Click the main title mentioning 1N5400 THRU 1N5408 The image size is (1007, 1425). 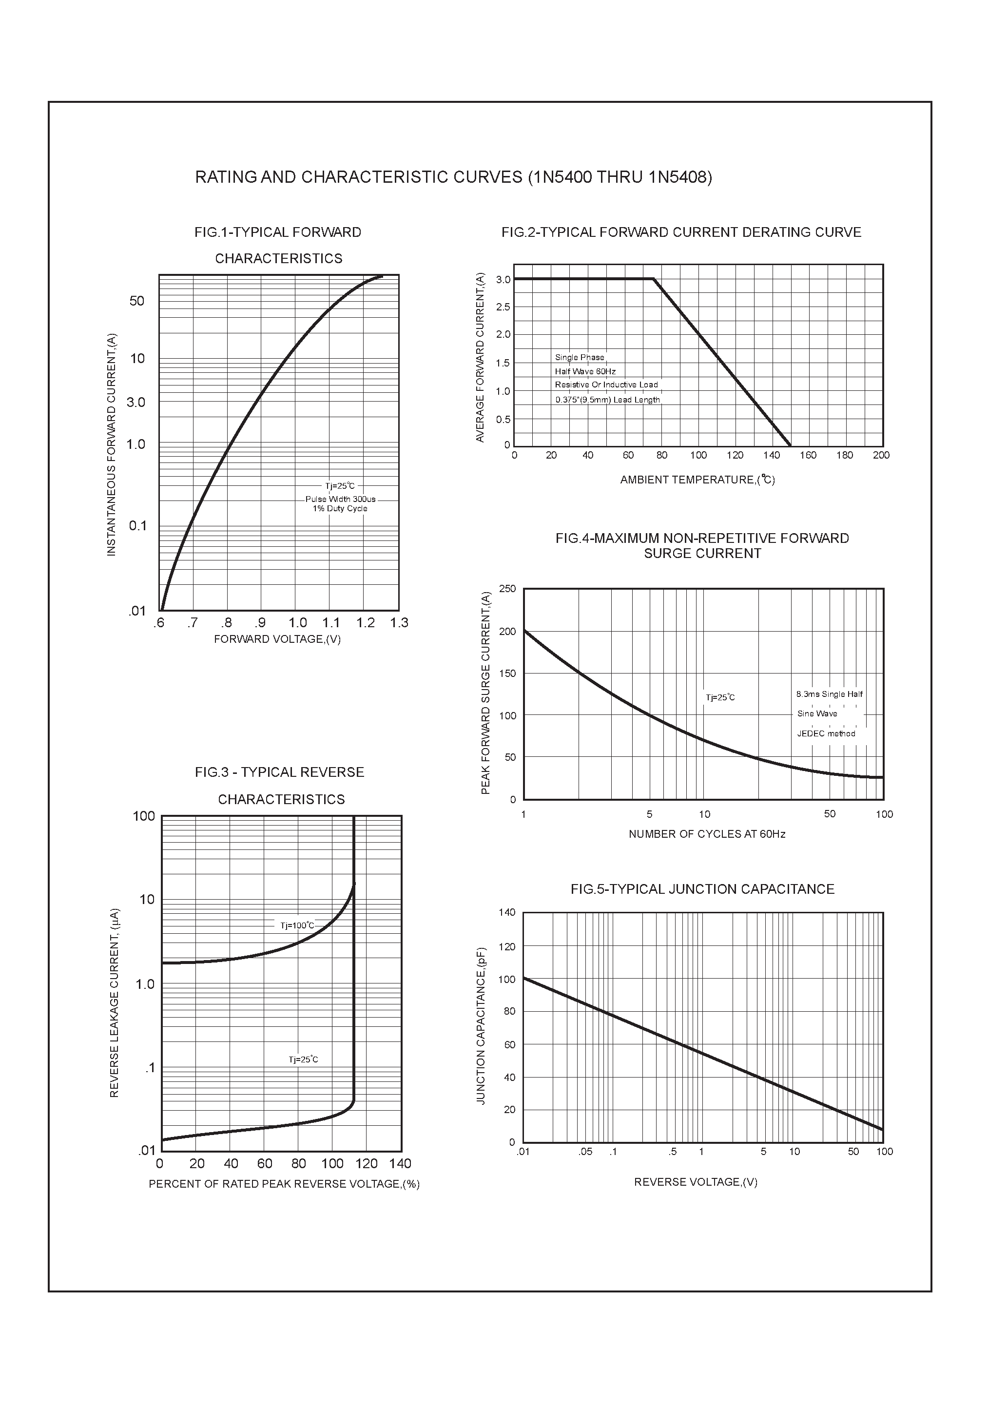453,177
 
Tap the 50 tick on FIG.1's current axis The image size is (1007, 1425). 136,301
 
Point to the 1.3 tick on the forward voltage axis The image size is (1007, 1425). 399,622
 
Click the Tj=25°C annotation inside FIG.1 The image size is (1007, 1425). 340,486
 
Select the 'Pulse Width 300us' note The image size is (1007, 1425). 340,499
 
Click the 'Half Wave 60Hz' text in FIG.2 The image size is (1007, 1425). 585,371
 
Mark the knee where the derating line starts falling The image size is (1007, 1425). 654,279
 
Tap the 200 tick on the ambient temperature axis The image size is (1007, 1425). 880,455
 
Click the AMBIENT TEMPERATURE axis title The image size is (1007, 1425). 697,480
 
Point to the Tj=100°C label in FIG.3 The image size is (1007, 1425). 297,925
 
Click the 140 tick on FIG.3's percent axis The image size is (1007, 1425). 401,1163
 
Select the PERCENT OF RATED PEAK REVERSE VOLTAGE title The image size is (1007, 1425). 284,1184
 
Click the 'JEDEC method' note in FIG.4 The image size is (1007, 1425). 826,733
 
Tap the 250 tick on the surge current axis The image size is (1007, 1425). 507,588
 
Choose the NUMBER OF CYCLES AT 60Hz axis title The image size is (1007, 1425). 707,834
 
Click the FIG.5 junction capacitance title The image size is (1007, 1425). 702,889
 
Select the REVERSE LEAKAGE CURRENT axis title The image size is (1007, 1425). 114,1003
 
